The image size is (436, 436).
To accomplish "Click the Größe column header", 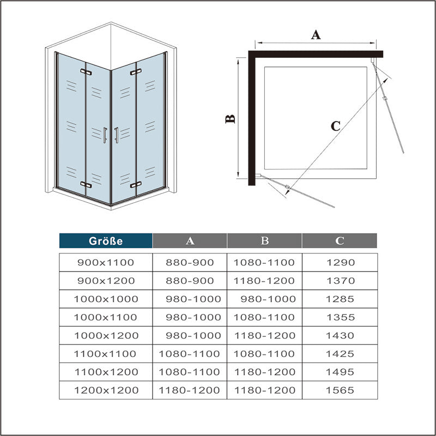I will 106,240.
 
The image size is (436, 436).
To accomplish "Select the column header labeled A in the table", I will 190,240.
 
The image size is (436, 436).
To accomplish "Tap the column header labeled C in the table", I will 339,240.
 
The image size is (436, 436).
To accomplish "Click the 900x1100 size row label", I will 106,262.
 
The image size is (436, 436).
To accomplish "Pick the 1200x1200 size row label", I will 106,390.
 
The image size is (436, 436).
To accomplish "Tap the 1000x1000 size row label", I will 106,299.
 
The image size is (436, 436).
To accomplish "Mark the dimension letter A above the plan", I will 316,35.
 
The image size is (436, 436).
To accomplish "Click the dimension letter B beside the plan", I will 231,118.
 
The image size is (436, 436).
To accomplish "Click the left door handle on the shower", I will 104,135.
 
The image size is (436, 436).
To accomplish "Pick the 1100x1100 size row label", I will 106,354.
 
